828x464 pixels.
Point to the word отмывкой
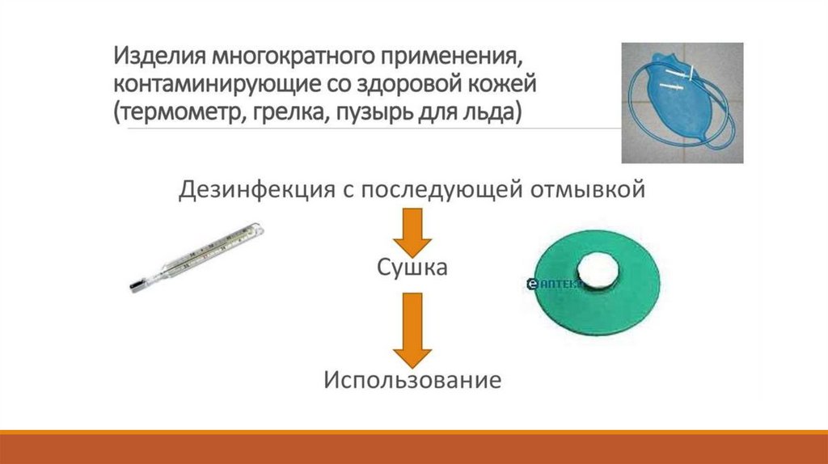pyautogui.click(x=593, y=191)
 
